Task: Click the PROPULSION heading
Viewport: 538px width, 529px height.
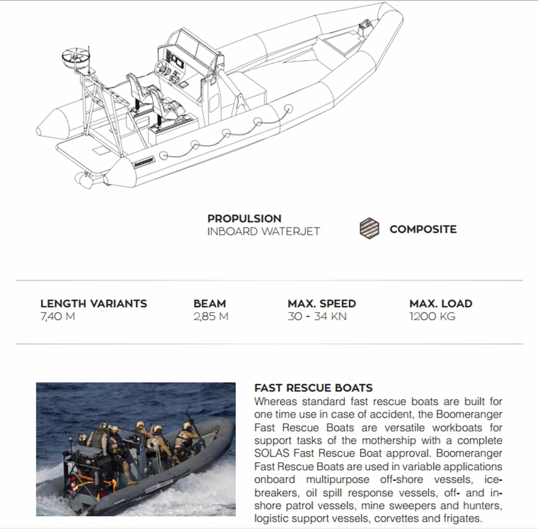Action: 244,218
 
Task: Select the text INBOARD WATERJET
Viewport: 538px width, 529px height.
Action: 263,231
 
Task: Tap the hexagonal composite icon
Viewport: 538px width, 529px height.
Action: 369,229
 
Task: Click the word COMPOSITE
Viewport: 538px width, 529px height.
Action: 423,229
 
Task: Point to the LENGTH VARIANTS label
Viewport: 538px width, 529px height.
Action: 93,303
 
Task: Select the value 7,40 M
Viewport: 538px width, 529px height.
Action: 58,317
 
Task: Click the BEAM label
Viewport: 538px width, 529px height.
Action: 209,303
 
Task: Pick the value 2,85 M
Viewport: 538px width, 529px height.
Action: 211,317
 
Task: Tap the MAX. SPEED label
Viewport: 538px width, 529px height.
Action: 322,303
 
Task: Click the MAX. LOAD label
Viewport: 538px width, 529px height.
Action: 441,303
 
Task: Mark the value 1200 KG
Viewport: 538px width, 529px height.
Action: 432,317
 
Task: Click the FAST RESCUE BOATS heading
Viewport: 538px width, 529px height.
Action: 313,388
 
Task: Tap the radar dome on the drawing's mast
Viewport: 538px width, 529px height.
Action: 75,57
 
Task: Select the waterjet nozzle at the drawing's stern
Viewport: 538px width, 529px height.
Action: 85,180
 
